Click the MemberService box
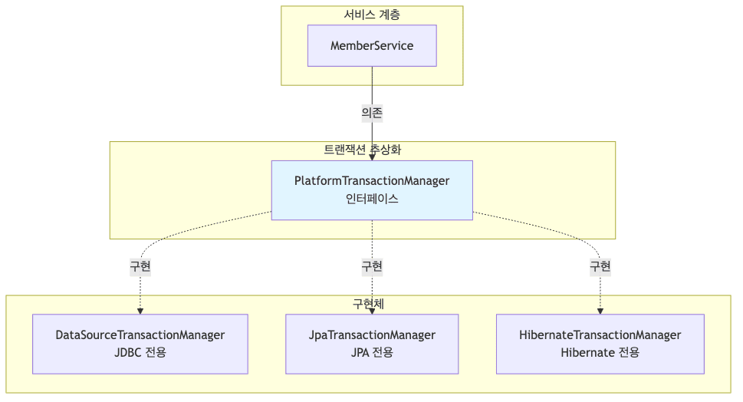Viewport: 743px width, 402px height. [372, 46]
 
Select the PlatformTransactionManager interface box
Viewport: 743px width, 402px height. [372, 189]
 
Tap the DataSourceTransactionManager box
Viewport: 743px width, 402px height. [140, 344]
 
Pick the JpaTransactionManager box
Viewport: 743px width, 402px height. [372, 344]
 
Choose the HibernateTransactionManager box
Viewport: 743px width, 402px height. [600, 344]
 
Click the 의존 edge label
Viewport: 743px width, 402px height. [372, 113]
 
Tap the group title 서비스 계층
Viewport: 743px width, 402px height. [372, 15]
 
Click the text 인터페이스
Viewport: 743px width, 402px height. [372, 199]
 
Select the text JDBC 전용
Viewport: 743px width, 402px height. [140, 353]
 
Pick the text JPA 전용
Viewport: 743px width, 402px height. [372, 353]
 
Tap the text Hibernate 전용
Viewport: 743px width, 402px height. [600, 353]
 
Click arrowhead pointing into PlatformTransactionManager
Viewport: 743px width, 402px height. [372, 157]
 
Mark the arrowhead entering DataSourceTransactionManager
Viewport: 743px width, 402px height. [140, 311]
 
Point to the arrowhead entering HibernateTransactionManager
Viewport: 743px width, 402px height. [600, 311]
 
